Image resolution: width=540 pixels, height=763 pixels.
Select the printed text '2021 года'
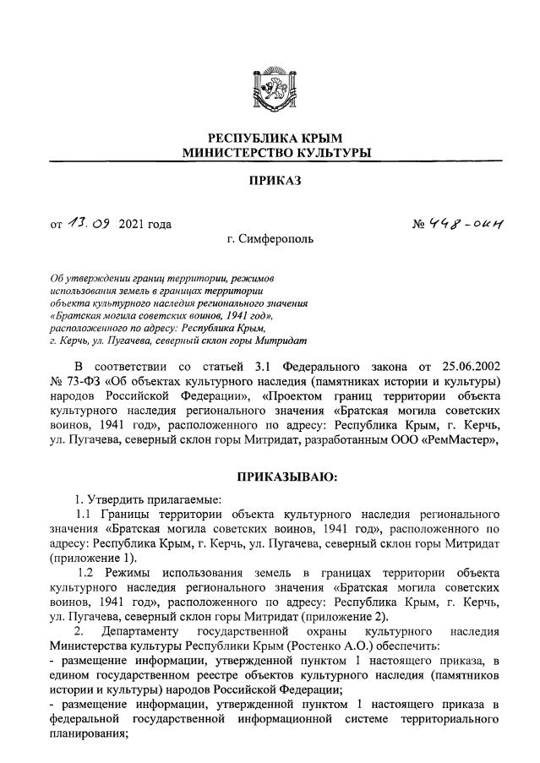(145, 224)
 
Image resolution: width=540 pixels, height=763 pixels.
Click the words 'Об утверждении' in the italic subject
(90, 278)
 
